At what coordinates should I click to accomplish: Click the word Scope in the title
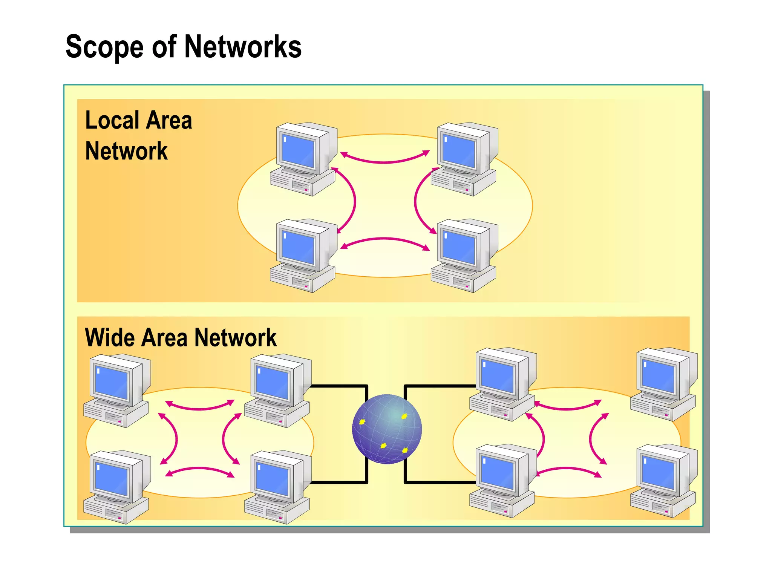point(104,47)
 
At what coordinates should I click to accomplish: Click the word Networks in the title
point(243,47)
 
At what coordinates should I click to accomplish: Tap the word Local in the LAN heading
point(112,120)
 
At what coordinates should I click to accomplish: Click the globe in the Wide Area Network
point(387,429)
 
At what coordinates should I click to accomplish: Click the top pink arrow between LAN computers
point(385,161)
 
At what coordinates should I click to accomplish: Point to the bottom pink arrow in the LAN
point(385,239)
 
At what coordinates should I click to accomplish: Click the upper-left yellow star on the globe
point(362,421)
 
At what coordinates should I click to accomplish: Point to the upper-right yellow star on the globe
point(404,417)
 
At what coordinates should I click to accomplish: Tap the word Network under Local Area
point(126,151)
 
